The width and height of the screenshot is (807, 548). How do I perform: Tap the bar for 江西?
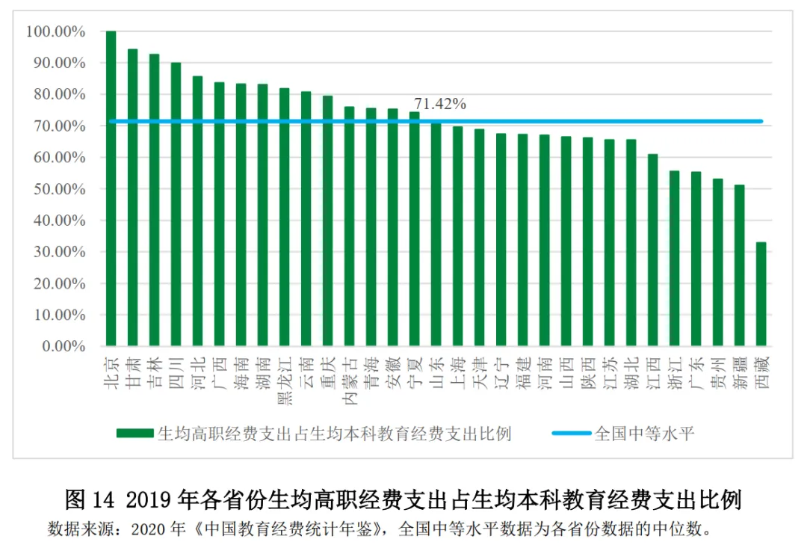pos(652,250)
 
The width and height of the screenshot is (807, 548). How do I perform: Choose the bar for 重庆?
pos(328,221)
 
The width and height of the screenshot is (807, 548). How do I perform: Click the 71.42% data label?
pos(440,105)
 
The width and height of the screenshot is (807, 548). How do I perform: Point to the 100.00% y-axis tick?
pos(55,32)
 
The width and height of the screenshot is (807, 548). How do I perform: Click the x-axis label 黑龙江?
pos(285,381)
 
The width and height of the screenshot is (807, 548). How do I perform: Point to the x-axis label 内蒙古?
pos(350,381)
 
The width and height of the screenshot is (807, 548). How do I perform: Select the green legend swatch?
pos(134,434)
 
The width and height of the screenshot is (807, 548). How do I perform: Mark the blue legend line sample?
pos(572,434)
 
